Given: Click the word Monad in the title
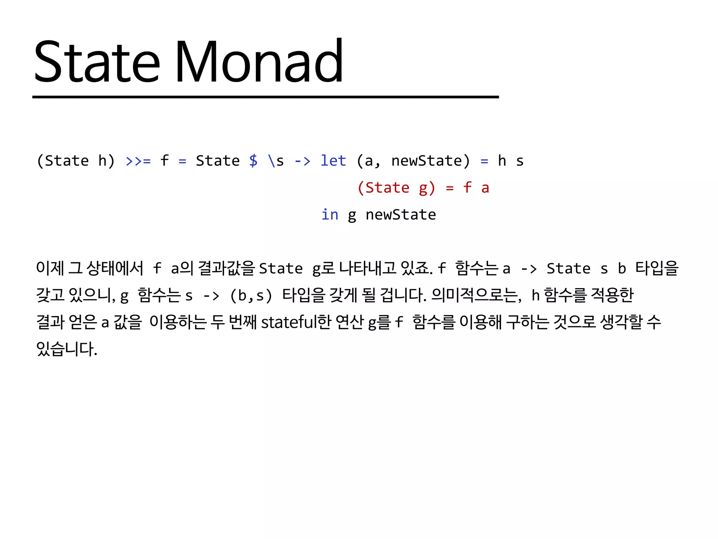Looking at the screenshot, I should pos(259,61).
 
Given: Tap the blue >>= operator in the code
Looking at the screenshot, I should pos(138,161).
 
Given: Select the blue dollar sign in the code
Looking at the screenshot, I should pos(253,161).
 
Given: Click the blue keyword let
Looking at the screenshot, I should pos(333,161).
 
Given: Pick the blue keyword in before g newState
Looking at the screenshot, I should pos(330,215).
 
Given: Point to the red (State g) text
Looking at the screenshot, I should pos(396,188).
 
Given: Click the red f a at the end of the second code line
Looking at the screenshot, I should pos(476,188).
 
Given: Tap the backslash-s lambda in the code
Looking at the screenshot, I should pos(276,161).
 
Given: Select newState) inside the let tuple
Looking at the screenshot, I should pos(430,161).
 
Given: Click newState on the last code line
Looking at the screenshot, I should pos(401,215).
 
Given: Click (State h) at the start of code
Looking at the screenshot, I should pos(76,161).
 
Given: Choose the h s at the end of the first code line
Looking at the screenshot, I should pos(511,161).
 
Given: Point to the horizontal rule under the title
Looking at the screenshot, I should pos(265,97).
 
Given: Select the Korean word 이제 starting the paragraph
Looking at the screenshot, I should pos(50,268).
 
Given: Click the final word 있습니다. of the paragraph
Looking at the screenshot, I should pos(67,349).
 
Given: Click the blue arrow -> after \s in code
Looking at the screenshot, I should pos(302,161).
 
